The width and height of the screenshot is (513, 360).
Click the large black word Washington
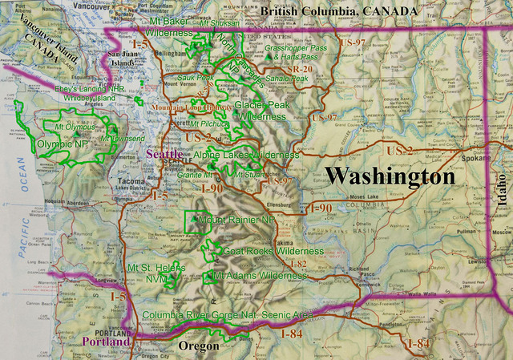[390, 176]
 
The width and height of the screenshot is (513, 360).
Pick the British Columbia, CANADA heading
[339, 11]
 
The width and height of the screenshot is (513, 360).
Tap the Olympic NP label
[63, 144]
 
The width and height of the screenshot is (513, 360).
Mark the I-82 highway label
[297, 263]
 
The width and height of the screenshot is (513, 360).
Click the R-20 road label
[302, 70]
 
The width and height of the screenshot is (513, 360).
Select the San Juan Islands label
[123, 58]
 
